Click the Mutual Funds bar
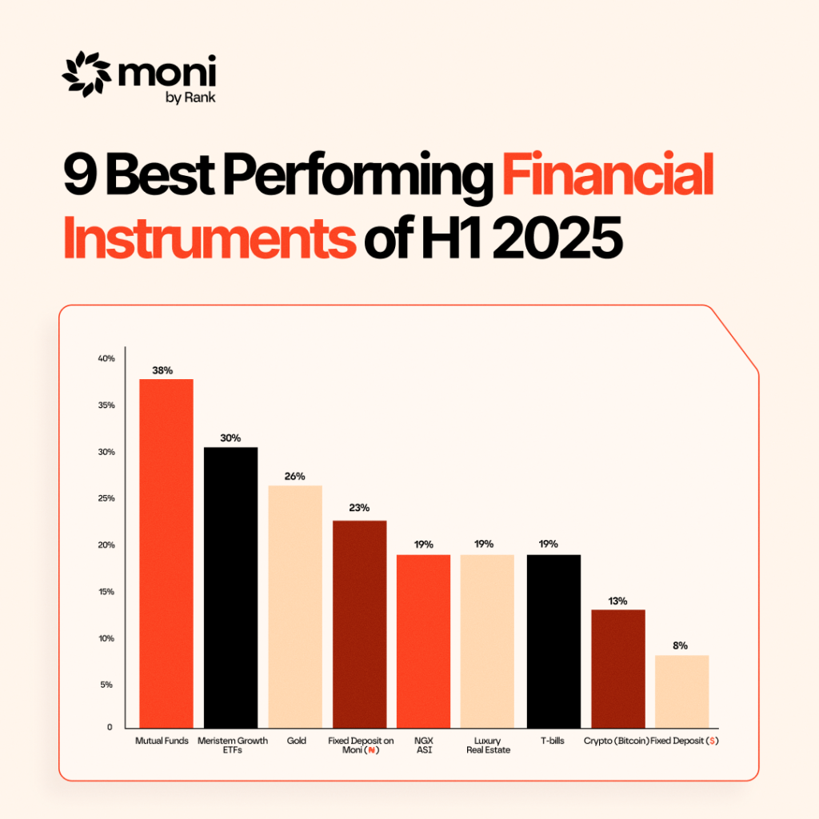166,553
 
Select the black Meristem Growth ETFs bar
230,588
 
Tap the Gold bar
295,606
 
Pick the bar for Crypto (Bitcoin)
618,669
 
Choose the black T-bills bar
553,641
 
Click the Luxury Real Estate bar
487,641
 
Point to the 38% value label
162,370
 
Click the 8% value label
680,645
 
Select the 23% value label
359,508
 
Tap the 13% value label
617,601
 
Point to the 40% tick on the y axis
106,358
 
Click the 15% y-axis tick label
106,592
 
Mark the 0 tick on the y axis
110,727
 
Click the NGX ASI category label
424,745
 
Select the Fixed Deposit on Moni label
361,745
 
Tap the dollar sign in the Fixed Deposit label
712,741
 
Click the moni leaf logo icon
86,74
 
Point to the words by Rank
190,98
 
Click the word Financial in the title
608,174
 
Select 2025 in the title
557,237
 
